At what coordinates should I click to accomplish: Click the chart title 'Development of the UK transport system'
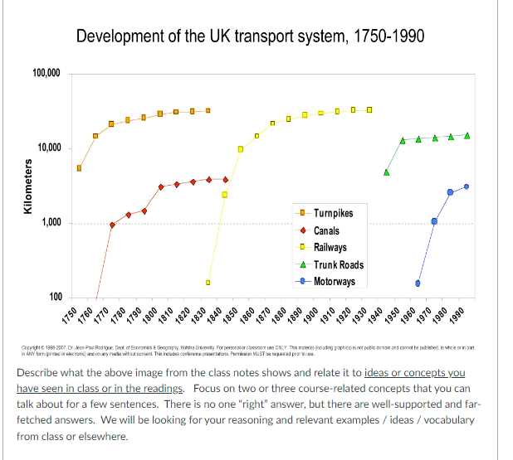[x=253, y=36]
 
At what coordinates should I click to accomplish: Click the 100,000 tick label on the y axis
[x=46, y=74]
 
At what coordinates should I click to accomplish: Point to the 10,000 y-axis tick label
[x=49, y=148]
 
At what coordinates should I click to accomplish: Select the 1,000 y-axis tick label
[x=51, y=223]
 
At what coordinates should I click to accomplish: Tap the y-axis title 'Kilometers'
[x=27, y=186]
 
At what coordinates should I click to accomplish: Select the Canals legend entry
[x=326, y=230]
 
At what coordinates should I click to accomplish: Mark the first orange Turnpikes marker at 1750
[x=80, y=168]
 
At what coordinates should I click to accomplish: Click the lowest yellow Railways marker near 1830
[x=208, y=283]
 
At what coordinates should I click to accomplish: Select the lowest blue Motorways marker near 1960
[x=418, y=283]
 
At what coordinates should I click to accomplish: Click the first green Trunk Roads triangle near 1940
[x=386, y=172]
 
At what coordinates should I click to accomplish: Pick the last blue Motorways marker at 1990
[x=467, y=186]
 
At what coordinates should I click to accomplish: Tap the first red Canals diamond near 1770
[x=112, y=225]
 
